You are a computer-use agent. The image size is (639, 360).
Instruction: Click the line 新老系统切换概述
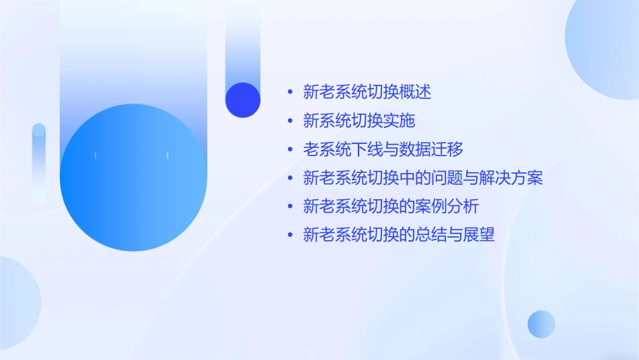(x=367, y=92)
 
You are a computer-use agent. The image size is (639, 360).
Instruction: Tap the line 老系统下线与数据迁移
(x=383, y=149)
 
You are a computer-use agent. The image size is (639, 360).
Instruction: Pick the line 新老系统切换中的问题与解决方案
(x=422, y=178)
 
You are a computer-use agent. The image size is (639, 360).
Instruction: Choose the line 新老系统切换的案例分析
(x=391, y=207)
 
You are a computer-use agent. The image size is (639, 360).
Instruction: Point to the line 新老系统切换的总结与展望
(x=399, y=235)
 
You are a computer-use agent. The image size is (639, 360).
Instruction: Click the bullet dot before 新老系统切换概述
(x=290, y=92)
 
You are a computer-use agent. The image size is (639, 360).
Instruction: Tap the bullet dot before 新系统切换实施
(x=290, y=121)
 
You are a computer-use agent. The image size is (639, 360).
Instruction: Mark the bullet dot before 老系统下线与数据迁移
(x=290, y=149)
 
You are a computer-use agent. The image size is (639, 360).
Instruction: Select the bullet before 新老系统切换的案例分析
(x=290, y=207)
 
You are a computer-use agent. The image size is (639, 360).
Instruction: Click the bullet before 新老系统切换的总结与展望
(x=290, y=235)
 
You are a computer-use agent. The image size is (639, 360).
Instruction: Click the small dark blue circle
(x=243, y=100)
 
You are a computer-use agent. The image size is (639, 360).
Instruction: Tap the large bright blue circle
(x=133, y=177)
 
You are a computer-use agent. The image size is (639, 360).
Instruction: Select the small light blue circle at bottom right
(x=541, y=324)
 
